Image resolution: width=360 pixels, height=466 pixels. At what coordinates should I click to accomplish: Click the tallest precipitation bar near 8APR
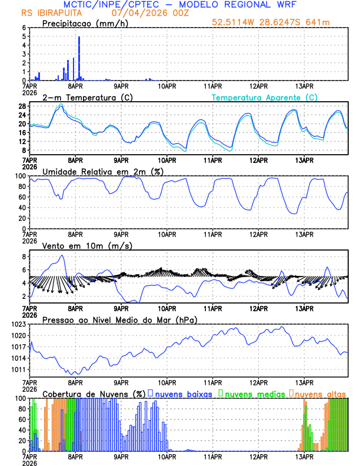(79, 58)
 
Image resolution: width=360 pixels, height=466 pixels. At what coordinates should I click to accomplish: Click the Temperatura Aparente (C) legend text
(265, 97)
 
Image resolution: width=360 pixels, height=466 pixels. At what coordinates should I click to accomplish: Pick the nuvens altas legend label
(320, 393)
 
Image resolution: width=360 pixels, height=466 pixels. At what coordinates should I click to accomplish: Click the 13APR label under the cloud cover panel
(304, 457)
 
